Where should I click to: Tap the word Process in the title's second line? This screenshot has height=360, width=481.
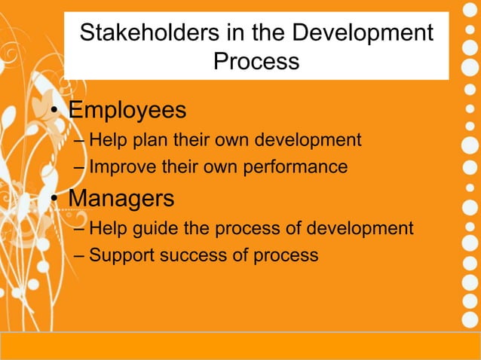256,61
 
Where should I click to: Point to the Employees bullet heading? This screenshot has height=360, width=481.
127,111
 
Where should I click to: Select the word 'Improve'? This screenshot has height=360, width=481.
119,166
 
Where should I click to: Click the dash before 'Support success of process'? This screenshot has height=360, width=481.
80,255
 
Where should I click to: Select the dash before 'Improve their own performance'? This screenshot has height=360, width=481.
80,166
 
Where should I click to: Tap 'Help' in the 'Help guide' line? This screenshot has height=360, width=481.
106,228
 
